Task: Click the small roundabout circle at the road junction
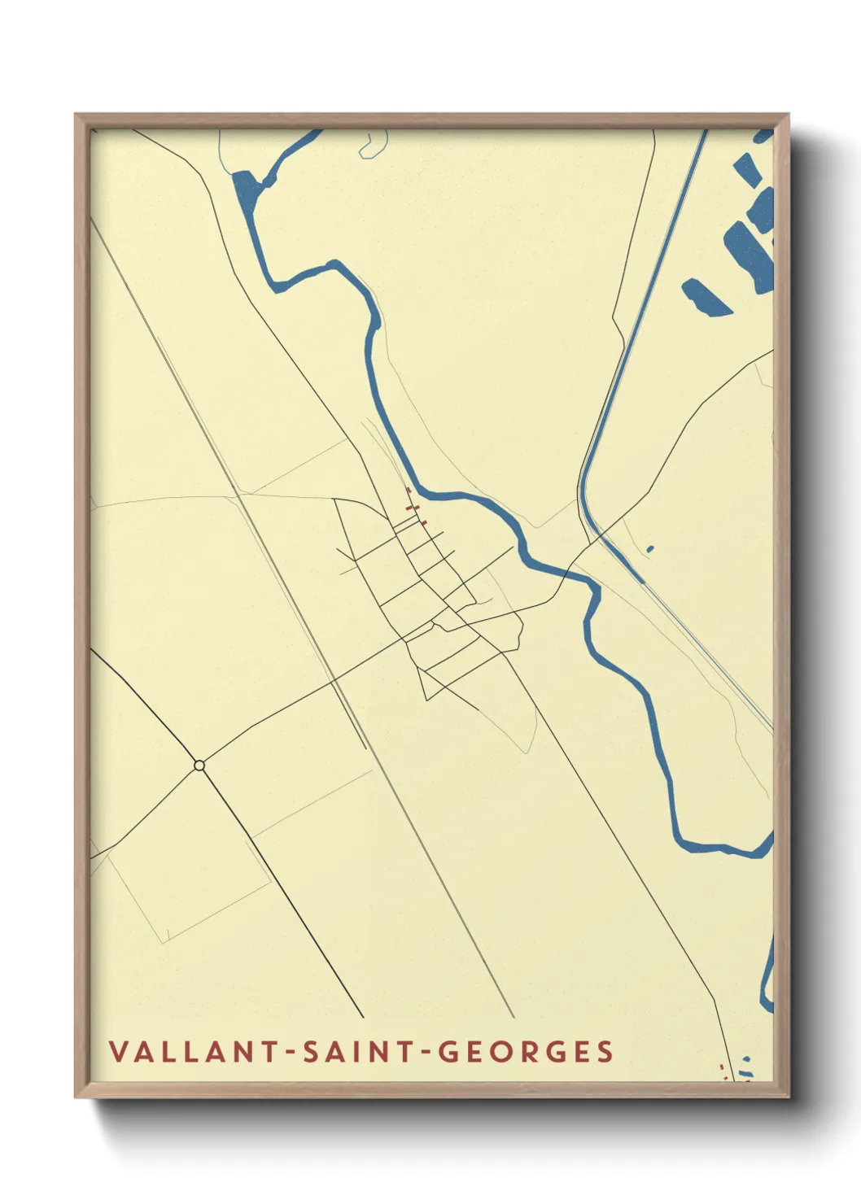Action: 199,765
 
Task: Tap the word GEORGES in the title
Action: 526,1051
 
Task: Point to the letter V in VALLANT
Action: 118,1051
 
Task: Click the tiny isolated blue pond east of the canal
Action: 650,549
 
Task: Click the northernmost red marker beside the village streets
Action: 408,491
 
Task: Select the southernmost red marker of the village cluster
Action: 423,519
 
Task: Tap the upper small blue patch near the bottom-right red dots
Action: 745,1059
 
